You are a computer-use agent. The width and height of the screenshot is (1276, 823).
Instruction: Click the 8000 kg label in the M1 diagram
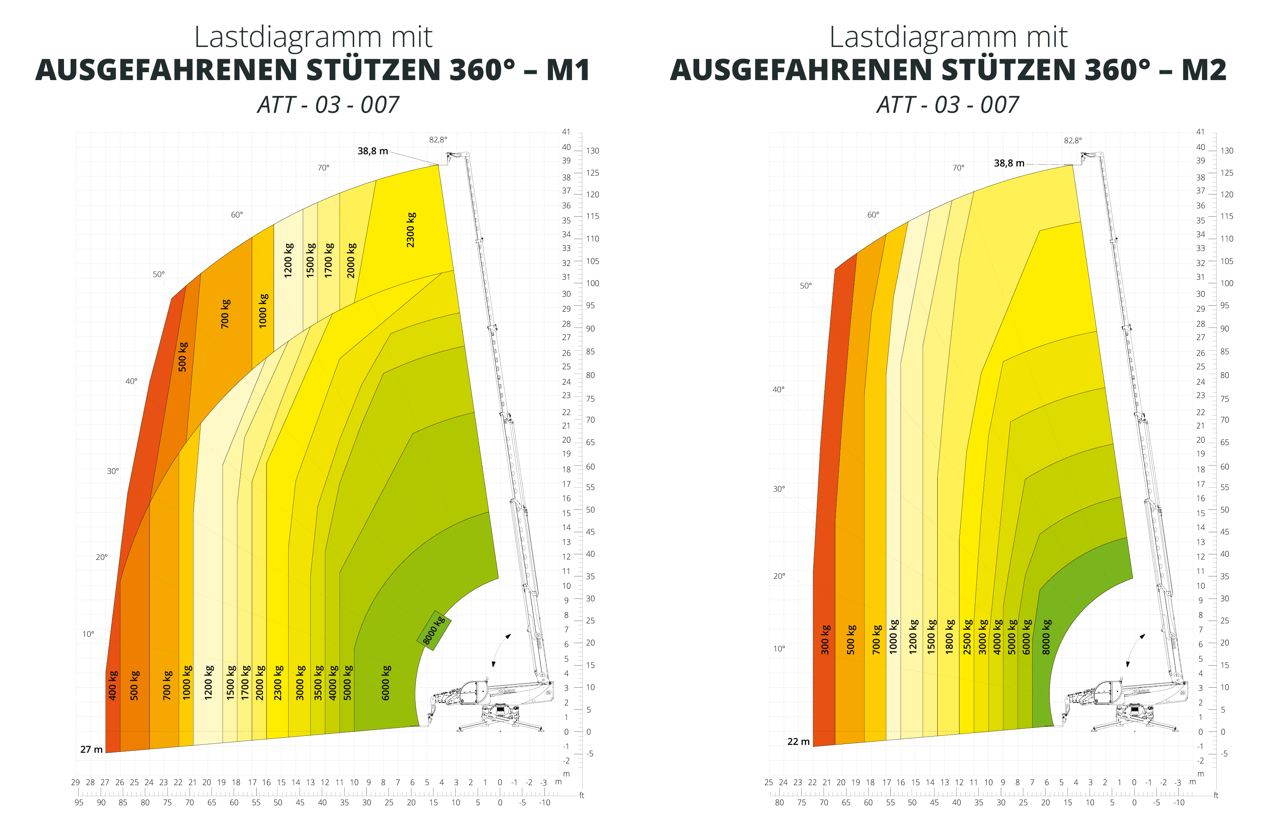[x=434, y=630]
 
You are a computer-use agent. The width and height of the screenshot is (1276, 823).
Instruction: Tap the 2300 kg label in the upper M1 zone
[x=411, y=230]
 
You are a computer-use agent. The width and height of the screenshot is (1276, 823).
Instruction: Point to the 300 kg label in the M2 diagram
[x=825, y=640]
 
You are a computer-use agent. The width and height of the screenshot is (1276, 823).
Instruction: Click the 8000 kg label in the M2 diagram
[x=1047, y=637]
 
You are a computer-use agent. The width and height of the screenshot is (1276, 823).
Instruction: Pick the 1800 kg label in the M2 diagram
[x=950, y=637]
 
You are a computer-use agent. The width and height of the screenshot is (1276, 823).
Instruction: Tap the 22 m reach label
[x=798, y=742]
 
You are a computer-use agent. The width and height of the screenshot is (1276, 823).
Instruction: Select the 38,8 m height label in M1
[x=373, y=151]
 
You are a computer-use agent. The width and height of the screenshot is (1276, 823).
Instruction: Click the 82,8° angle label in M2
[x=1073, y=140]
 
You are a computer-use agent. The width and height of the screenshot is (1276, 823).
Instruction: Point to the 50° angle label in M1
[x=159, y=275]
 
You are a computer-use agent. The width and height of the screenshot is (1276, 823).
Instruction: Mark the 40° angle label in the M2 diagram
[x=779, y=389]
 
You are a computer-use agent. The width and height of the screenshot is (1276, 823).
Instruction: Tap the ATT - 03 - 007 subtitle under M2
[x=948, y=105]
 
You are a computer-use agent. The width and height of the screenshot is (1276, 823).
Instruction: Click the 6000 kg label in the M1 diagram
[x=386, y=683]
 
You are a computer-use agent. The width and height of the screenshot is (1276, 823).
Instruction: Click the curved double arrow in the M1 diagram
[x=501, y=650]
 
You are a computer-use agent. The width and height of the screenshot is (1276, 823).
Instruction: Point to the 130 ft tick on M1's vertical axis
[x=593, y=151]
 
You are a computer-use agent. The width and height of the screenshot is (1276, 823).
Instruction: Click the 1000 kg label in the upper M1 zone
[x=263, y=310]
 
